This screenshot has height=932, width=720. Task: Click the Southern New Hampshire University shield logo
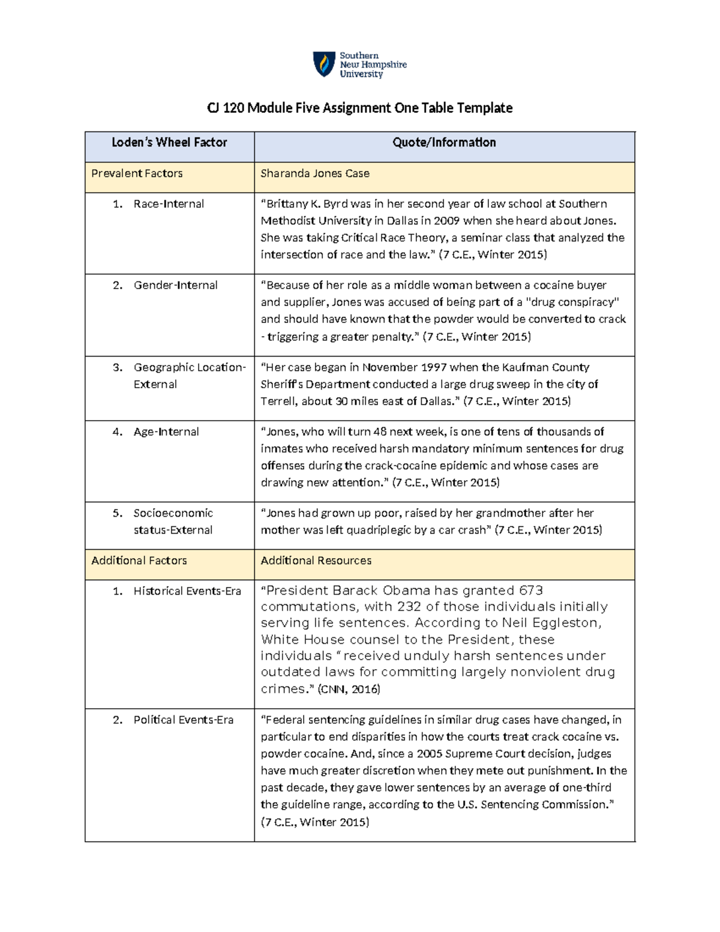coord(324,64)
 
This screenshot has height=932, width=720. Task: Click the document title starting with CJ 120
coord(359,108)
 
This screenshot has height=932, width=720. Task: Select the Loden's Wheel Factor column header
coord(169,143)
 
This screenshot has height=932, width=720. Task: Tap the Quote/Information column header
coord(444,143)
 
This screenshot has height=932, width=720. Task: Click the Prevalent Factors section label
coord(137,173)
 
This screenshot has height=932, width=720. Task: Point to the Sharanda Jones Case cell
coord(314,173)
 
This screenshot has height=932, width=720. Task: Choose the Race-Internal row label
coord(169,204)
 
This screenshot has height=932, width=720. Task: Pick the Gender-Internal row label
coord(175,286)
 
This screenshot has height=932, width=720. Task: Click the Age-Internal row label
coord(166,432)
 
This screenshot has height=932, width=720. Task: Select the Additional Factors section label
coord(139,561)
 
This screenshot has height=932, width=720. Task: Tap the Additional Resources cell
coord(316,561)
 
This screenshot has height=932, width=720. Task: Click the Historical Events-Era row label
coord(187,591)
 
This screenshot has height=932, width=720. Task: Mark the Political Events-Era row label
coord(183,720)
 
